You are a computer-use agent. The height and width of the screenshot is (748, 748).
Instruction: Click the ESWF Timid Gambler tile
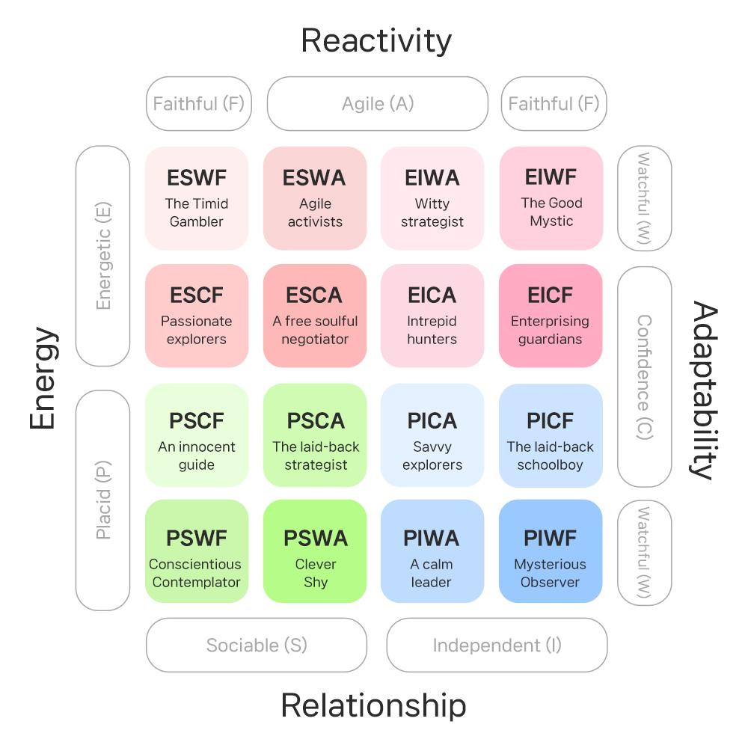click(x=197, y=198)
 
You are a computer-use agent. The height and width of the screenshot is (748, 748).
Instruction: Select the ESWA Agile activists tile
click(x=315, y=198)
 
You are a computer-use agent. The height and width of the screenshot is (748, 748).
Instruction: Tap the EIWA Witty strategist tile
click(x=432, y=198)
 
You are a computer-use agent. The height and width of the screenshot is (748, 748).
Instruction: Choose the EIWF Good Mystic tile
click(x=551, y=198)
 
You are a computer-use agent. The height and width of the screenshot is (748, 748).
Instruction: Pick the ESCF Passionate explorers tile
click(x=197, y=316)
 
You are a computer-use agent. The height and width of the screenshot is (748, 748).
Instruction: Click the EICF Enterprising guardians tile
click(x=551, y=316)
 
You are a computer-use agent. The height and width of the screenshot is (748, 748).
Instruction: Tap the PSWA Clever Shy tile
click(x=315, y=551)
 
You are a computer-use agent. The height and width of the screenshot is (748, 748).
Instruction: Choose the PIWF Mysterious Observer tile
click(x=551, y=551)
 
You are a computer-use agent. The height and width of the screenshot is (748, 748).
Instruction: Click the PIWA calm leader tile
click(x=432, y=551)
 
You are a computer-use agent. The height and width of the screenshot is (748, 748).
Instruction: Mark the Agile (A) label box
click(x=378, y=103)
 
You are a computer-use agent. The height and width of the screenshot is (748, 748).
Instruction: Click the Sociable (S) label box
click(x=257, y=645)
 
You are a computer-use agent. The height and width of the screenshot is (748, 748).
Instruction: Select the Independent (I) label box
click(x=497, y=645)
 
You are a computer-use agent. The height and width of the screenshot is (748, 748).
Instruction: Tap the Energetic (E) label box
click(x=103, y=256)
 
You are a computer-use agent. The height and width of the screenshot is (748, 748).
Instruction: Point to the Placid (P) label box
click(x=103, y=500)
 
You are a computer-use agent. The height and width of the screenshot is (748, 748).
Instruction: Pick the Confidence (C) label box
click(x=644, y=377)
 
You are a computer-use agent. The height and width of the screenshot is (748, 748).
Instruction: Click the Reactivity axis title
click(x=376, y=40)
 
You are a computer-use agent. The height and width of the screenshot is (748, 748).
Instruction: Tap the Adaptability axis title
click(x=705, y=389)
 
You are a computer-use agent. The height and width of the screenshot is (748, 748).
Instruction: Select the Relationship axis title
click(x=373, y=705)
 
